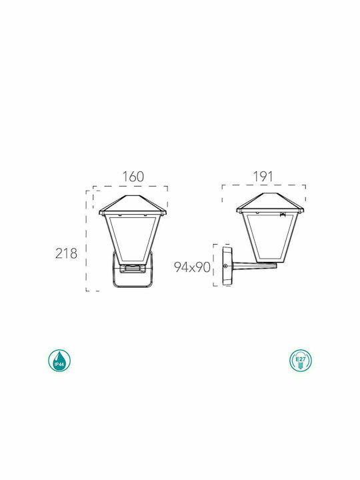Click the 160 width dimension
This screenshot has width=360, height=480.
tap(133, 177)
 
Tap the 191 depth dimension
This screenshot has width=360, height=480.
tap(263, 176)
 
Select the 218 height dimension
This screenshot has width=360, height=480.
tap(66, 253)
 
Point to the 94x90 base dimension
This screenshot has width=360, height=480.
tap(192, 267)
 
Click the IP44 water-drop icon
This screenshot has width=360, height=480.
tap(59, 361)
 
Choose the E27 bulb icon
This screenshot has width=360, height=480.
tap(301, 360)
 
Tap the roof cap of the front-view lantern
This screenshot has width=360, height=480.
tap(133, 205)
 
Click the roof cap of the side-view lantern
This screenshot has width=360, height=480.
tap(270, 203)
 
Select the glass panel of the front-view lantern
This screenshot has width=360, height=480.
tap(133, 239)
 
